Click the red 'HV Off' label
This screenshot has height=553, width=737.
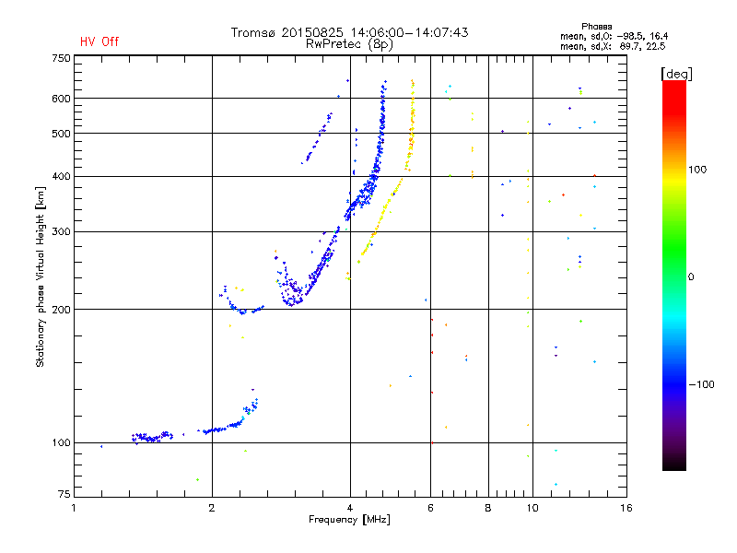[x=99, y=41]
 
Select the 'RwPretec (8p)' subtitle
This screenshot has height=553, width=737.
[x=349, y=44]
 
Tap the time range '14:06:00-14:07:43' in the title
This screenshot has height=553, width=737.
[x=409, y=32]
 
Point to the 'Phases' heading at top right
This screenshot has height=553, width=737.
[x=596, y=27]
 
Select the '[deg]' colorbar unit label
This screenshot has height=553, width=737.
[x=676, y=75]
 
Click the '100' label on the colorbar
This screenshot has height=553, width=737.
[x=697, y=170]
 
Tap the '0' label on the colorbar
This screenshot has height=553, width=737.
[x=691, y=277]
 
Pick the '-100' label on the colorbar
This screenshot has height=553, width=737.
[x=702, y=384]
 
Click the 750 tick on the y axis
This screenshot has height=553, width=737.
[x=61, y=58]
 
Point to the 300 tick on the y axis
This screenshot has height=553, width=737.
[x=61, y=231]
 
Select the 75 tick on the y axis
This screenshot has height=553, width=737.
[x=64, y=494]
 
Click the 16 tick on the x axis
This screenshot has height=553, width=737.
[x=626, y=508]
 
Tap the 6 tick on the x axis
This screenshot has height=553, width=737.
[x=430, y=508]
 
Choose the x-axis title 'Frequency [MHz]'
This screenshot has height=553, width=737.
[x=349, y=520]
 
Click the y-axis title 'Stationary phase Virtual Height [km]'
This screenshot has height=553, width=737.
[x=41, y=276]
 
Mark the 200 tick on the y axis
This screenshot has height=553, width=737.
[x=61, y=310]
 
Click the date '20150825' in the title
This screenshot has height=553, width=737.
[x=312, y=32]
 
